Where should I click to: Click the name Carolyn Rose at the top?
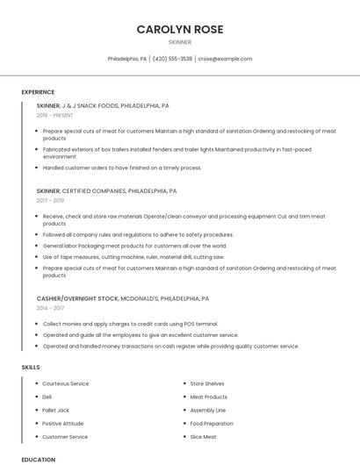click(x=179, y=29)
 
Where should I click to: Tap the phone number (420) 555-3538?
click(x=172, y=59)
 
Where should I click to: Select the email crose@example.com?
click(x=225, y=59)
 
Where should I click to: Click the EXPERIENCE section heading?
click(x=38, y=92)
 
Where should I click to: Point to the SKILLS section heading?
click(x=31, y=367)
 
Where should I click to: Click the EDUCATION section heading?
click(x=38, y=459)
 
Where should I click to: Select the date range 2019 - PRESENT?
click(x=55, y=115)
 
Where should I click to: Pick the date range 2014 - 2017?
click(x=51, y=308)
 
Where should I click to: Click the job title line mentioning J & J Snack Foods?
click(x=103, y=105)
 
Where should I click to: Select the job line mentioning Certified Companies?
click(x=106, y=190)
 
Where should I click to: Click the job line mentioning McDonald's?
click(x=122, y=298)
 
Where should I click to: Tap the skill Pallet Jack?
click(x=55, y=410)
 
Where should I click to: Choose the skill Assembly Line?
click(x=207, y=410)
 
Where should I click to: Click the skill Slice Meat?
click(x=203, y=436)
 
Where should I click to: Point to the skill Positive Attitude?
click(x=63, y=423)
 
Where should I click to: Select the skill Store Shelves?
click(x=207, y=383)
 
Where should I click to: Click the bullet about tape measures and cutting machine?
click(x=133, y=257)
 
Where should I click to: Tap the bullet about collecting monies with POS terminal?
click(x=130, y=324)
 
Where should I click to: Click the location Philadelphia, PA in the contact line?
click(x=127, y=59)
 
